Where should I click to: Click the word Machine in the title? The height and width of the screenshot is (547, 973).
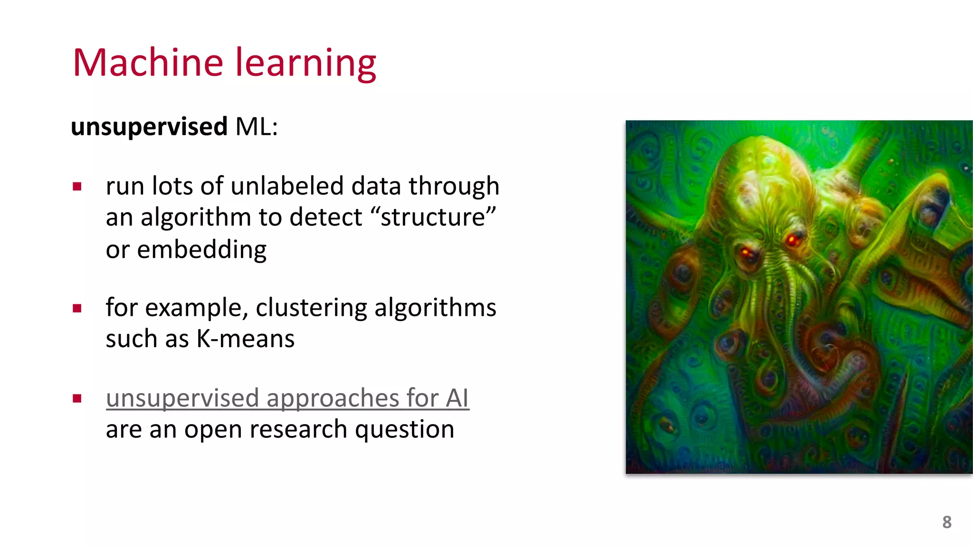[148, 63]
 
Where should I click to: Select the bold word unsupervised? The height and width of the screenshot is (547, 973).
[149, 127]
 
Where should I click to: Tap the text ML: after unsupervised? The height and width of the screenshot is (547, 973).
[256, 127]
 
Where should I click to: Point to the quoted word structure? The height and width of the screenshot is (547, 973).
[432, 217]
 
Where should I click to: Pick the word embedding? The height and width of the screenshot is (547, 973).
[201, 250]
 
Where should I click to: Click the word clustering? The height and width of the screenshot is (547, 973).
[311, 308]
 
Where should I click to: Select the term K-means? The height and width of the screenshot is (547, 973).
[246, 339]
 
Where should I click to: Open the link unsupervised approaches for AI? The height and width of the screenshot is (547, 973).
[287, 398]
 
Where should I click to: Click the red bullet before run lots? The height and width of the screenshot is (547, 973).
[77, 187]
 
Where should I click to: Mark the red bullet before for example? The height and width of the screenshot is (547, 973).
[77, 309]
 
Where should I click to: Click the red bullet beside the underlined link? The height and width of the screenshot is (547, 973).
[77, 398]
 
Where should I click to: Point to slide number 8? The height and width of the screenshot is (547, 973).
[946, 522]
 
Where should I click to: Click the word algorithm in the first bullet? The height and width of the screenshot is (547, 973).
[195, 218]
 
